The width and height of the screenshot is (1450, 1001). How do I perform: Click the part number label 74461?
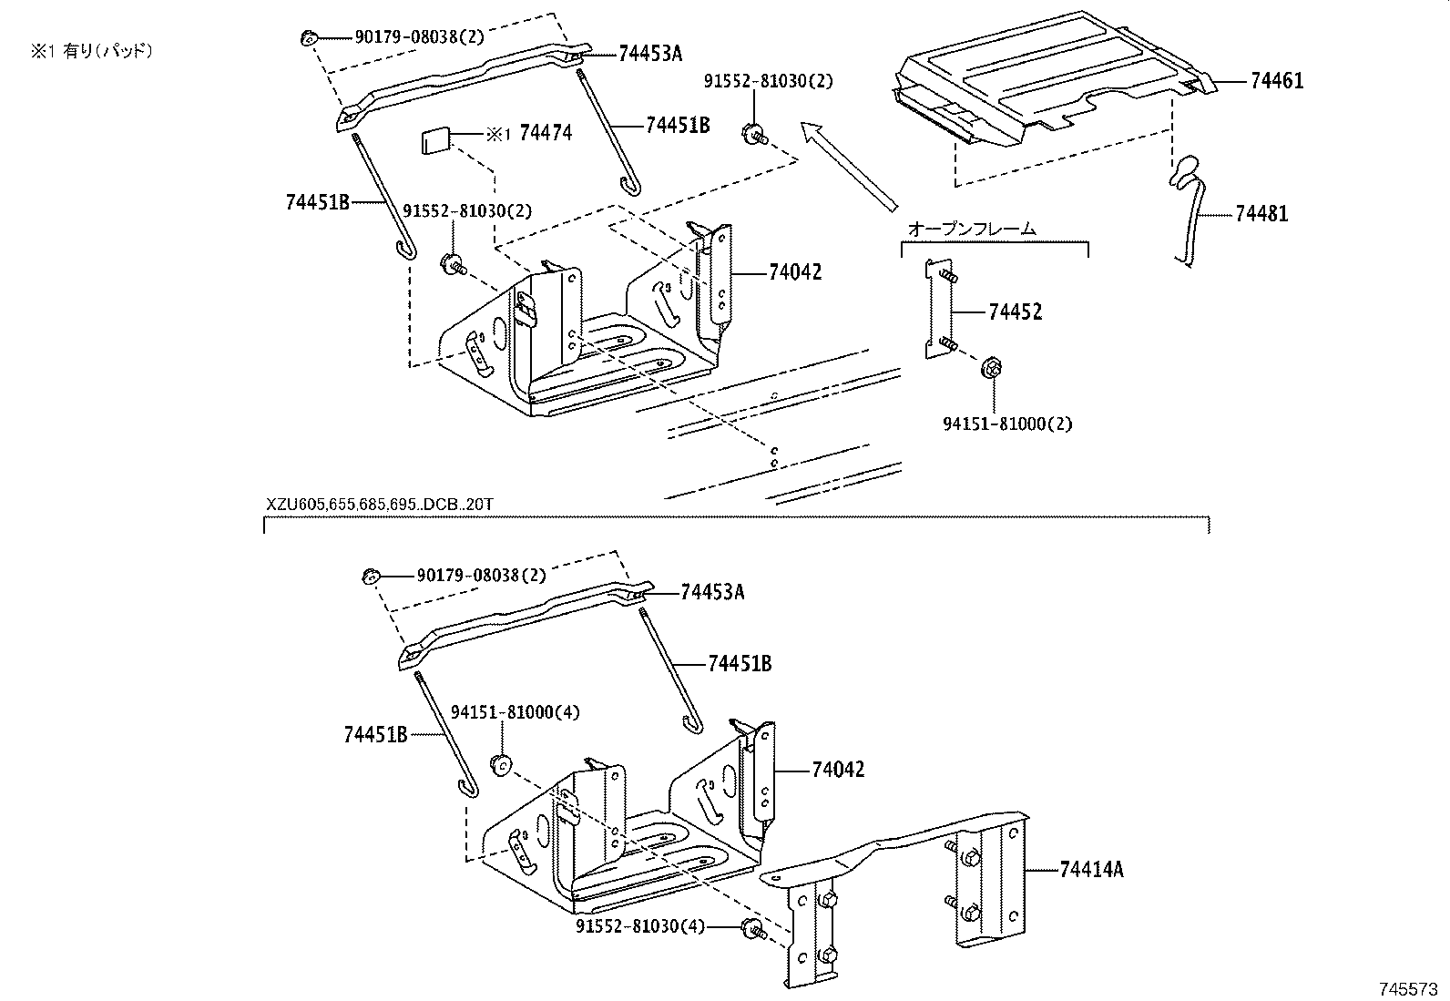click(x=1276, y=81)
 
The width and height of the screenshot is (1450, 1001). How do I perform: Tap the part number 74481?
click(x=1261, y=214)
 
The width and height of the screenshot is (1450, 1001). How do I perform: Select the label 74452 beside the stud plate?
click(x=1015, y=312)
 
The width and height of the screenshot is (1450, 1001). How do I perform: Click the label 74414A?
click(x=1091, y=870)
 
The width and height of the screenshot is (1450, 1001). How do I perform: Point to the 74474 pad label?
click(x=545, y=134)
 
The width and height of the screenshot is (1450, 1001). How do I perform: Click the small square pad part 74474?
click(x=434, y=141)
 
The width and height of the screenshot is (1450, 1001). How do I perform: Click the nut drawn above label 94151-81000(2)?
click(x=992, y=369)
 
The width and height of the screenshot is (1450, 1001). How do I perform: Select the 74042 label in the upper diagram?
click(x=794, y=272)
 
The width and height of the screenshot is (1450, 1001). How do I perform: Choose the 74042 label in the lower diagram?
click(x=838, y=770)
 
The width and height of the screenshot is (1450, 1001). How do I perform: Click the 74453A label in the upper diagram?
click(x=649, y=54)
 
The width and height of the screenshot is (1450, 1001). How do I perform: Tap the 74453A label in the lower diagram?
click(x=712, y=593)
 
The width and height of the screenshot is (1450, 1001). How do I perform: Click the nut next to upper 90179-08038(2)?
click(x=309, y=38)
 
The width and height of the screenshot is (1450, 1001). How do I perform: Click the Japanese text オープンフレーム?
click(x=972, y=230)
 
